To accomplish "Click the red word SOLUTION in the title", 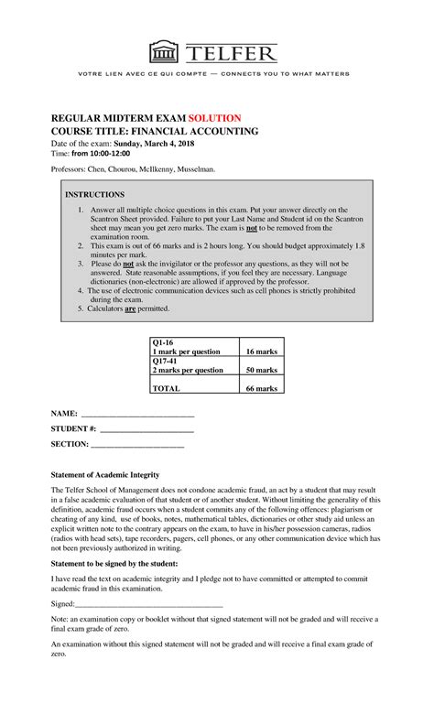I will pyautogui.click(x=215, y=118).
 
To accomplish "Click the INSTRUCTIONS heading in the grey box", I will pyautogui.click(x=94, y=195).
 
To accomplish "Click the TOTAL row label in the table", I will pyautogui.click(x=167, y=388).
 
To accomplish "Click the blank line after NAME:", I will pyautogui.click(x=137, y=416).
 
